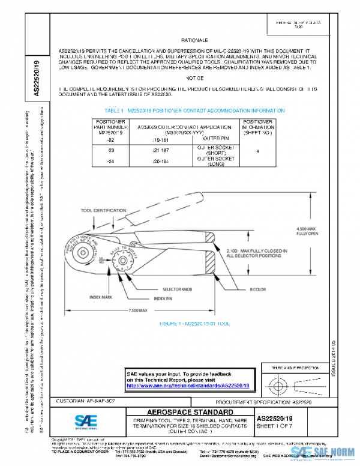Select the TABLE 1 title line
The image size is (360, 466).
pos(194,111)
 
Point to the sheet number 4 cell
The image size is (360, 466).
pos(257,151)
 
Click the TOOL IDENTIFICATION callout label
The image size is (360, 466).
pos(101,211)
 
